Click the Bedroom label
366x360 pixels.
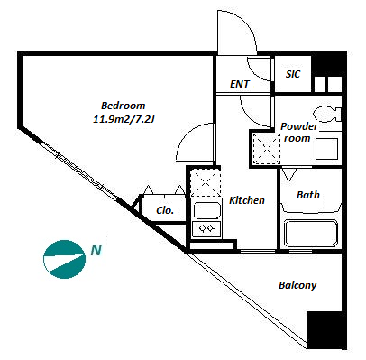[x=124, y=106]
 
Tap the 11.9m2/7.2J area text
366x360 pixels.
[x=124, y=119]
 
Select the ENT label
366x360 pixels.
[x=240, y=84]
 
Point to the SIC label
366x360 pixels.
[x=293, y=74]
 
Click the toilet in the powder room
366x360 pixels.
[x=327, y=115]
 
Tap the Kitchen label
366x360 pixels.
[x=247, y=200]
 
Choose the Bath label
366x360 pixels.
[x=308, y=195]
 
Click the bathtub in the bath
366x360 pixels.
[x=311, y=234]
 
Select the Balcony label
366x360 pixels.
[x=297, y=285]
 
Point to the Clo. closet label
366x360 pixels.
[x=165, y=210]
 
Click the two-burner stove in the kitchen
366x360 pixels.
[x=206, y=229]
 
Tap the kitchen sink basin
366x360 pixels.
[x=206, y=210]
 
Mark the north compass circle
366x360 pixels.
[x=64, y=259]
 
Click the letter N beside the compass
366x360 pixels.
[x=96, y=250]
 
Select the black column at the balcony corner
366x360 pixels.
[x=326, y=330]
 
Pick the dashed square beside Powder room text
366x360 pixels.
[x=266, y=149]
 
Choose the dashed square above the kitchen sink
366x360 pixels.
[x=206, y=183]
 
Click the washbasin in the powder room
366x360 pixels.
[x=328, y=149]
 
